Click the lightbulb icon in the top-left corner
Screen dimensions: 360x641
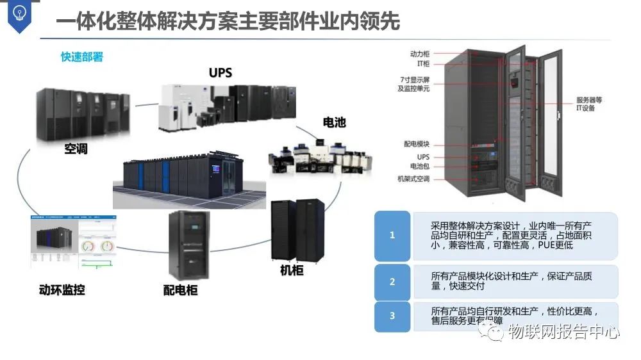pos(19,14)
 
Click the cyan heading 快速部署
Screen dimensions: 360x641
pos(82,57)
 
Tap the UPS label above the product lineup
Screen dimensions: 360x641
pos(220,72)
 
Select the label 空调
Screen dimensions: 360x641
pos(76,149)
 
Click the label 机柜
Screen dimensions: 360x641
pos(292,270)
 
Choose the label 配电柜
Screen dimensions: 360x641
pos(180,290)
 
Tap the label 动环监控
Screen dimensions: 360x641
pos(62,290)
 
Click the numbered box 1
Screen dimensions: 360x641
pos(392,235)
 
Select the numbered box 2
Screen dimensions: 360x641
pos(392,282)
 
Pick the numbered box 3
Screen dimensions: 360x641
pos(392,316)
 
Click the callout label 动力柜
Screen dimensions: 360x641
pos(420,54)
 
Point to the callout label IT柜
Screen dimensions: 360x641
pos(423,64)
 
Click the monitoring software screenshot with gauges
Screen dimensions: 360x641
pos(74,241)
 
